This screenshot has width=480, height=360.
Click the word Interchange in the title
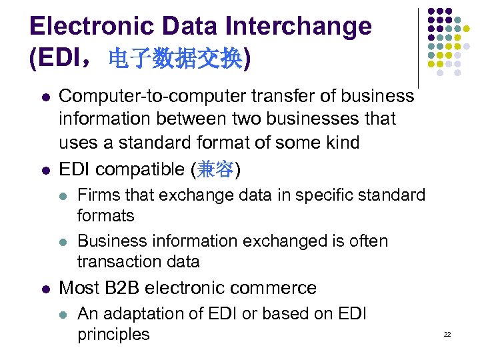[x=299, y=26]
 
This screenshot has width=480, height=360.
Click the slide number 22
[x=447, y=334]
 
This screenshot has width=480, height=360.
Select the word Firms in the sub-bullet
[x=95, y=195]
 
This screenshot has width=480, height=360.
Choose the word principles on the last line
[x=113, y=334]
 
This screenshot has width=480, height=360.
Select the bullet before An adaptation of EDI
[x=63, y=314]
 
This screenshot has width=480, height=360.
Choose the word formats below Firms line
[x=106, y=216]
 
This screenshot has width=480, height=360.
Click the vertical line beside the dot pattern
[x=419, y=47]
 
